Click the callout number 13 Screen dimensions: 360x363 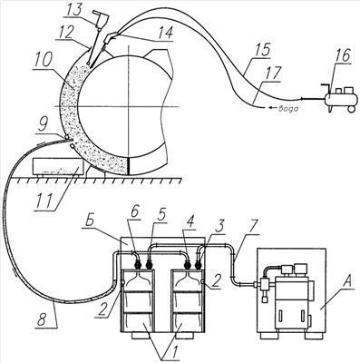tap(73, 10)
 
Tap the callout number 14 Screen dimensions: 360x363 tap(164, 33)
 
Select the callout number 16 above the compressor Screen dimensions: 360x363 tap(342, 55)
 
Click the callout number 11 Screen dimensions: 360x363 tap(45, 200)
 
